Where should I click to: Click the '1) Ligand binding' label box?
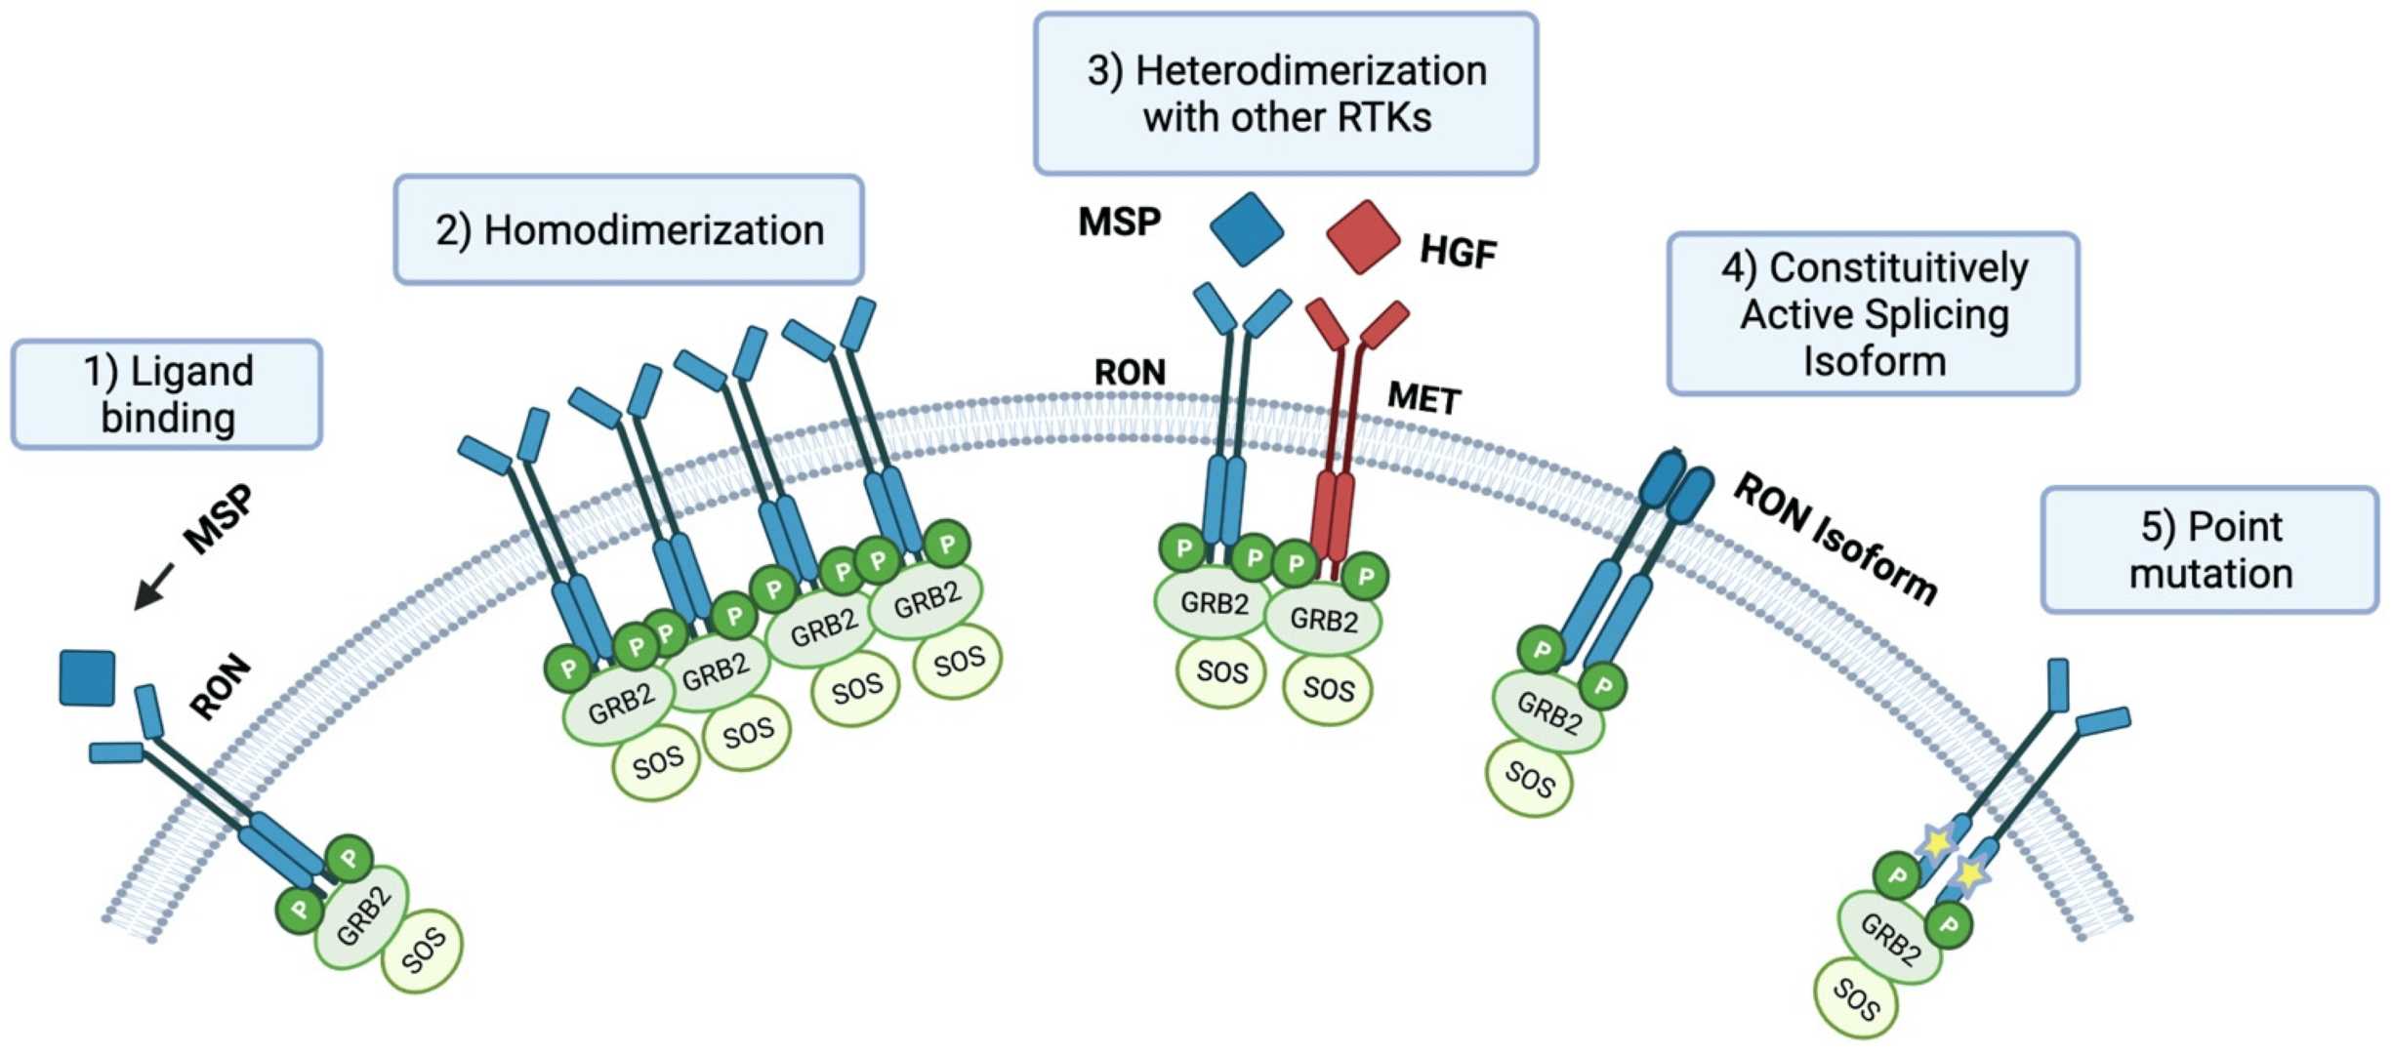pos(166,394)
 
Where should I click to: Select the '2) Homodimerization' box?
pos(629,230)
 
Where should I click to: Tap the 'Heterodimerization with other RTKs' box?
pos(1286,94)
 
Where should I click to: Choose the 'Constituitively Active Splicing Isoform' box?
pos(1873,313)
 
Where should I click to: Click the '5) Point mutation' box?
pos(2209,549)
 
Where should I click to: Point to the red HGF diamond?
pos(1364,236)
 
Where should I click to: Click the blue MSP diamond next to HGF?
pos(1247,229)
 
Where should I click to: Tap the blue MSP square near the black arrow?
pos(87,677)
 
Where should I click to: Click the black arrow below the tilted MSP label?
pos(153,586)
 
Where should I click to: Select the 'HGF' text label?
pos(1458,252)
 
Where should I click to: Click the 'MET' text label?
pos(1423,398)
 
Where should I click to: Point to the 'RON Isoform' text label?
pos(1835,538)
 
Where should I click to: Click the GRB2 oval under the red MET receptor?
pos(1323,619)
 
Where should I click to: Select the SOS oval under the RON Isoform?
pos(1529,778)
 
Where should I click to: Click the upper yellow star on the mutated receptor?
pos(1935,841)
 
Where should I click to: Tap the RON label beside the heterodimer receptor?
pos(1130,373)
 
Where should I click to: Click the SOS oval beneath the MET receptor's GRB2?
pos(1328,689)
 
